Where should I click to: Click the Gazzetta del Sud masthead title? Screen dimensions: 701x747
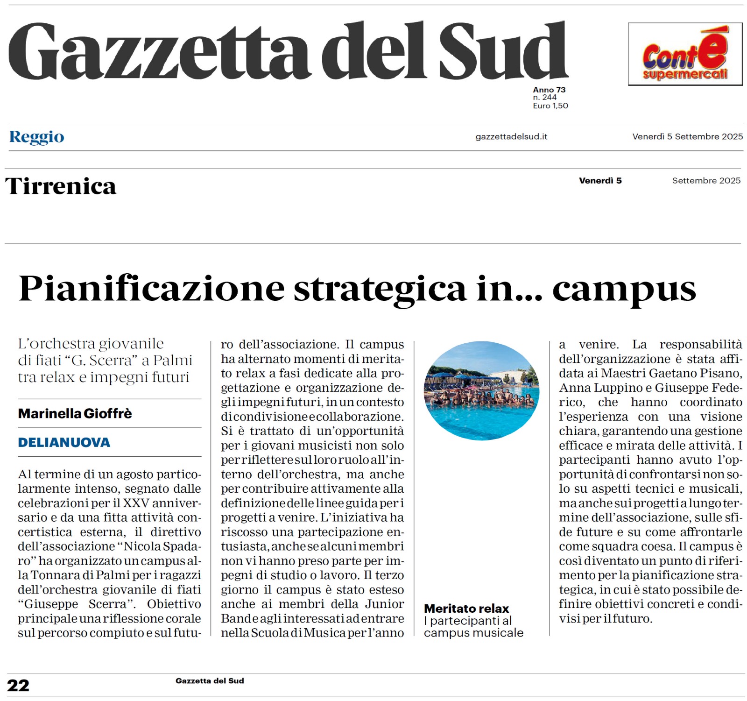pos(288,51)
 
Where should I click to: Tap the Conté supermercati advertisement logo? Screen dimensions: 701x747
pos(685,54)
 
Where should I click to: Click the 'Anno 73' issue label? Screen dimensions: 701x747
pos(549,90)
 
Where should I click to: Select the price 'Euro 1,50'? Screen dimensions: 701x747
pos(550,106)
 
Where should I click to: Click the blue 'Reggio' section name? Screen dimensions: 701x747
pos(37,137)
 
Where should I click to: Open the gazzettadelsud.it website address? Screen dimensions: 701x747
pos(511,137)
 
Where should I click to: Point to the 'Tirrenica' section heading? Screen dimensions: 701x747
pos(61,186)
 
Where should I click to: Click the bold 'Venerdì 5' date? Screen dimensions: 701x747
pos(600,181)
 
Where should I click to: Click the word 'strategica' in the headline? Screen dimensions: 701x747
pos(380,289)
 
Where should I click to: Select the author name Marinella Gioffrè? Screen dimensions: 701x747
pos(75,413)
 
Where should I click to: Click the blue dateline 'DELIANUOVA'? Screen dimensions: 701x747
pos(64,442)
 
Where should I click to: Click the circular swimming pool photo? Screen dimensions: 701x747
pos(481,390)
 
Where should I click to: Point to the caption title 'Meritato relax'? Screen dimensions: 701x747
pos(466,609)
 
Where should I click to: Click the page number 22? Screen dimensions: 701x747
pos(18,685)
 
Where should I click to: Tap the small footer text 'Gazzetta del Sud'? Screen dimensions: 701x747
pos(210,681)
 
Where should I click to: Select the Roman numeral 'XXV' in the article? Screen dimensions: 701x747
pos(136,503)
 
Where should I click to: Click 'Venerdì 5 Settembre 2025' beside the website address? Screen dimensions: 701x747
pos(687,137)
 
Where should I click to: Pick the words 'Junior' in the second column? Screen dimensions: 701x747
pos(384,604)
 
